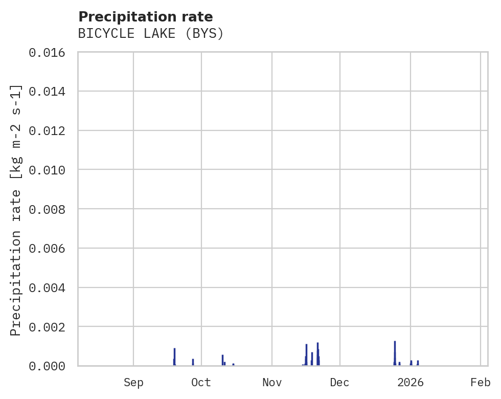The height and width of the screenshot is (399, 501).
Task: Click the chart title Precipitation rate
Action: (x=146, y=17)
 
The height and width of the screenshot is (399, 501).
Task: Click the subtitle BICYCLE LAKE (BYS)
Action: (x=151, y=34)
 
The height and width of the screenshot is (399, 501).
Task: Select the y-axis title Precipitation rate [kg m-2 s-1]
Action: (x=16, y=210)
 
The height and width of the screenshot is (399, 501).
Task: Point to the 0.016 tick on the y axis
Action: (x=51, y=52)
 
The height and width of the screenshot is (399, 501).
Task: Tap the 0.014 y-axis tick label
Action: (x=51, y=92)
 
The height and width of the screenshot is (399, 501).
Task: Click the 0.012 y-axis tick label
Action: (x=51, y=130)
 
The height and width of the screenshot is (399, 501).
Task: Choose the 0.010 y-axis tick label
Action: (x=51, y=170)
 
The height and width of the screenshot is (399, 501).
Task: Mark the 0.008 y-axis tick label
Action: (x=51, y=209)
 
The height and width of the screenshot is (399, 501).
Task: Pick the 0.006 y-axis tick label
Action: (x=51, y=248)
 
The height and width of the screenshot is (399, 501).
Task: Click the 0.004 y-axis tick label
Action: (x=51, y=287)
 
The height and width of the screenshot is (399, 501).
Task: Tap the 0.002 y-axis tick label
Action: (x=51, y=326)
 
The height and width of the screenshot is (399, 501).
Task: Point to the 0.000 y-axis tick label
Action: (x=51, y=366)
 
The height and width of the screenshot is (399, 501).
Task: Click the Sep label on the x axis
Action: (x=133, y=382)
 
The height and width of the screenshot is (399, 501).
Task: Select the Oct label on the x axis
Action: (x=201, y=382)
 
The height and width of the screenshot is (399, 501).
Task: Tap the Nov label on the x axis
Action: (x=272, y=382)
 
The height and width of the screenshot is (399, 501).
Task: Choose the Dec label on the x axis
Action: (x=340, y=382)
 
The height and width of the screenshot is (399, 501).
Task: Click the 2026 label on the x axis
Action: (x=411, y=382)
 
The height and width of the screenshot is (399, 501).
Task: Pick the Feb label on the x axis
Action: (x=481, y=382)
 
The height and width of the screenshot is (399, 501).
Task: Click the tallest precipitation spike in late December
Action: (x=395, y=353)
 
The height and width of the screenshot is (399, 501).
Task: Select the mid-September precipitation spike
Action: (x=174, y=357)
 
